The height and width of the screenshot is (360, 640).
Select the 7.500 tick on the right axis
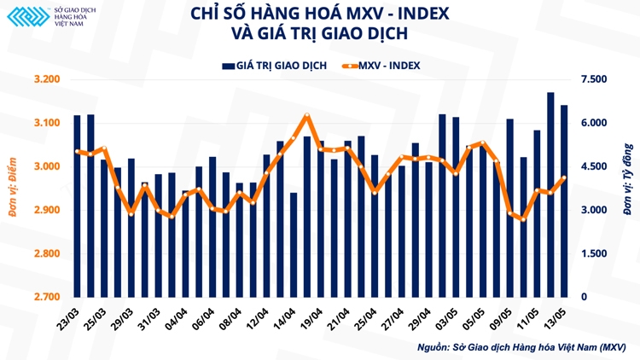(592, 79)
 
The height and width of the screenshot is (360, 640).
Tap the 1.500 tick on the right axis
(592, 253)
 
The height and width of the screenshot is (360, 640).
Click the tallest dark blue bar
(550, 195)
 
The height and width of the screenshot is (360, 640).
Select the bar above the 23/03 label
(78, 206)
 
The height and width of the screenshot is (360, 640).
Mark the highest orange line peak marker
(307, 116)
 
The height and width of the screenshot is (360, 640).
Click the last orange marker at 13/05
(563, 178)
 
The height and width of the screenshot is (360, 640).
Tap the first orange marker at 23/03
(78, 152)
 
